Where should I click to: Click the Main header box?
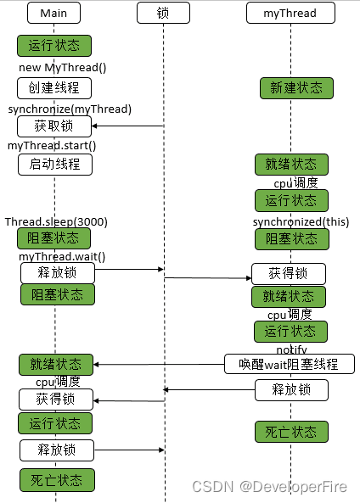point(53,13)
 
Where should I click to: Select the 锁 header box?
point(163,13)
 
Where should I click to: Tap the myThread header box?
point(290,13)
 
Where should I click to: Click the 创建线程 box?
point(54,88)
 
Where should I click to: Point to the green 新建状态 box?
point(296,88)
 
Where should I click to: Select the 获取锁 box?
point(54,126)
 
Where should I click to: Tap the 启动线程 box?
point(55,165)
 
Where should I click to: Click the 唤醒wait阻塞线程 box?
point(290,364)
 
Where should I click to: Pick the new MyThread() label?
point(62,67)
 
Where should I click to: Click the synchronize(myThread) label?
point(70,109)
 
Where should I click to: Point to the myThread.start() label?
point(52,146)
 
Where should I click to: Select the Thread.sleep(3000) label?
point(56,222)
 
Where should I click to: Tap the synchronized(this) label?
point(301,222)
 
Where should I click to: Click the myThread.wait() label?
point(62,257)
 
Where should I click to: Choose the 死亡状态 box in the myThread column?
point(291,432)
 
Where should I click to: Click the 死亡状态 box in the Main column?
point(57,480)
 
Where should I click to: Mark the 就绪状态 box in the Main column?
point(56,365)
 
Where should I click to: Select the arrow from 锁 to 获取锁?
point(128,126)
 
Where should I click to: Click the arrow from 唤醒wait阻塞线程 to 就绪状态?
point(159,365)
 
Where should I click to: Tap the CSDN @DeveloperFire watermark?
point(270,487)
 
